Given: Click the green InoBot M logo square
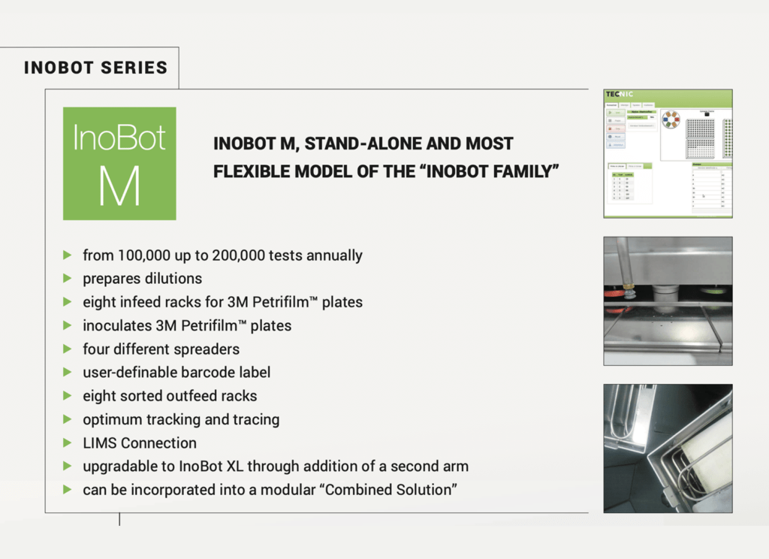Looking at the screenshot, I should coord(119,163).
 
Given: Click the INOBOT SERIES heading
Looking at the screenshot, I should coord(95,68).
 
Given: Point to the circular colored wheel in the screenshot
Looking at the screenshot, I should coord(671,119).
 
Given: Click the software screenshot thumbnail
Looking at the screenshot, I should coord(668,153).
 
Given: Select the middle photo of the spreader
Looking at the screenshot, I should coord(668,301).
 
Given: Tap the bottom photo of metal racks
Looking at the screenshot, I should coord(668,449).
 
